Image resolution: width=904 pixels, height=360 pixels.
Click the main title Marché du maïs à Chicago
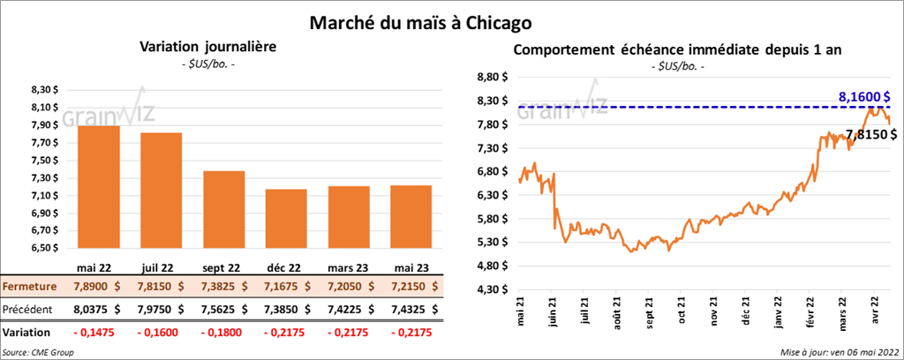(x=433, y=20)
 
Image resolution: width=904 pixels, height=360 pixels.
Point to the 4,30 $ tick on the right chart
(x=492, y=289)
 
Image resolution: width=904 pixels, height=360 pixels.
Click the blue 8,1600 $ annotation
(x=863, y=96)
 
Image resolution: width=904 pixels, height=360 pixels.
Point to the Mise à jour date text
(x=838, y=352)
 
